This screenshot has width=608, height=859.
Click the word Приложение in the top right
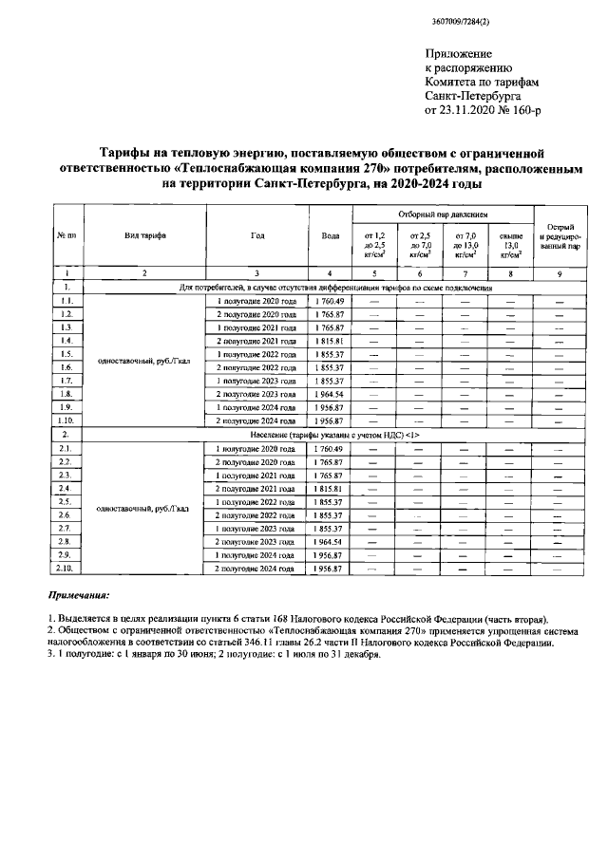pos(457,56)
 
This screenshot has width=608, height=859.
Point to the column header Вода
pos(330,235)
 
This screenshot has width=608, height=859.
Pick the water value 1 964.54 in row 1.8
pos(330,392)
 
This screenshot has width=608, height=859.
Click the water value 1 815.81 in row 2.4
pos(330,487)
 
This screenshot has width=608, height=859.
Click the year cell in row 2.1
pos(256,447)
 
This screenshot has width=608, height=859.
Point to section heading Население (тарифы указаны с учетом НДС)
pos(336,433)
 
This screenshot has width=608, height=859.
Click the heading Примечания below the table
pos(79,595)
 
